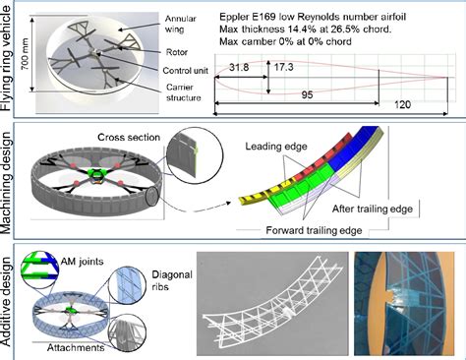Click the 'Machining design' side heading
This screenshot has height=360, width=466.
pos(9,182)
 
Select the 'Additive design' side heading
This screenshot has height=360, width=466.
pos(9,298)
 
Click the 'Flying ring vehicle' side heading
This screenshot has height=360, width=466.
pos(9,59)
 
